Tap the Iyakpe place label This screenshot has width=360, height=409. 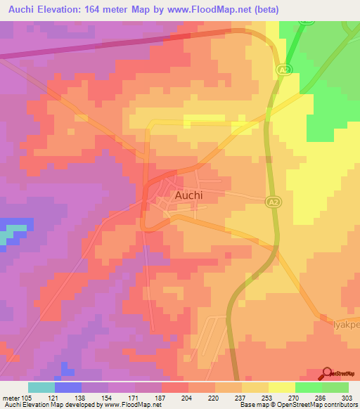coord(345,325)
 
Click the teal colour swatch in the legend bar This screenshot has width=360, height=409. coord(41,387)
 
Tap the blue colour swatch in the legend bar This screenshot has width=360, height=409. coord(68,387)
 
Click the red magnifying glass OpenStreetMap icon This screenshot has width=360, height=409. coord(327,374)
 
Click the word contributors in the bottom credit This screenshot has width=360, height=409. coord(341,405)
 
